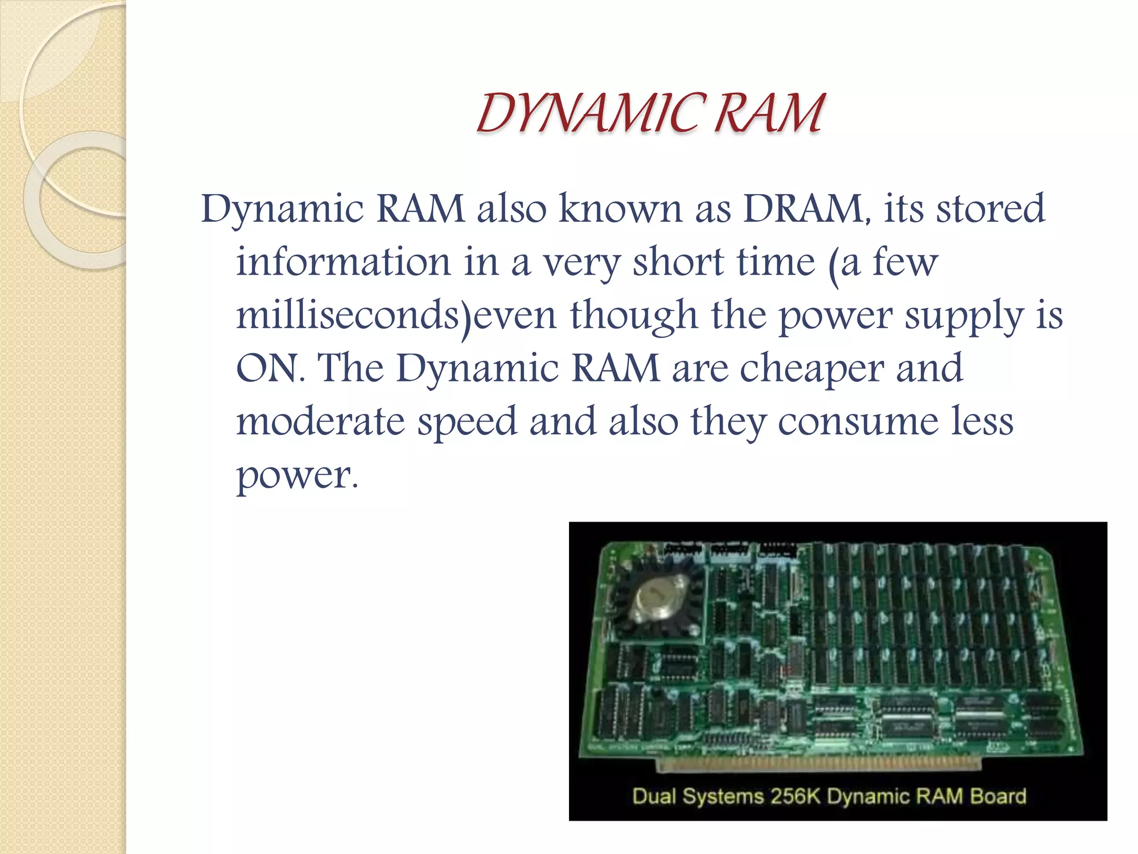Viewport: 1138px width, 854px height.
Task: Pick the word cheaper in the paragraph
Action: pos(811,369)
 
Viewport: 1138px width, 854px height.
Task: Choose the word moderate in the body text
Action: pos(320,421)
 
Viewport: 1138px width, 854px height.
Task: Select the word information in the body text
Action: pos(343,262)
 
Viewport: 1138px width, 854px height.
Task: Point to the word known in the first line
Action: pos(620,209)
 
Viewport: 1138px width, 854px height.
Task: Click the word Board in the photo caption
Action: pos(998,796)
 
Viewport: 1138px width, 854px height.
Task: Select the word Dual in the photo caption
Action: pos(654,796)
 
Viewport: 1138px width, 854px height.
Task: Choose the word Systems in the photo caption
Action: pos(723,796)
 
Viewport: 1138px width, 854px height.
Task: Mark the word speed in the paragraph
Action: pos(467,422)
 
